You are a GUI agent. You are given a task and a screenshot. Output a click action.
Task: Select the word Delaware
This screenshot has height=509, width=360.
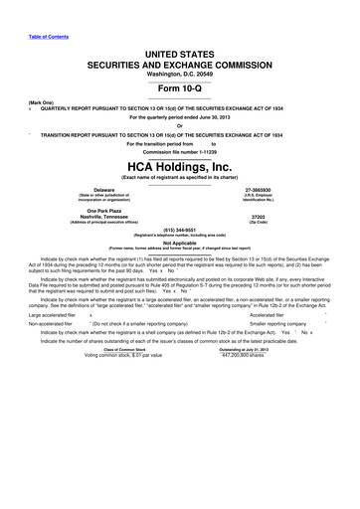102,187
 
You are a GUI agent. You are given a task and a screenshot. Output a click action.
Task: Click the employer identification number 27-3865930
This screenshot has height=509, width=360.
258,187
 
